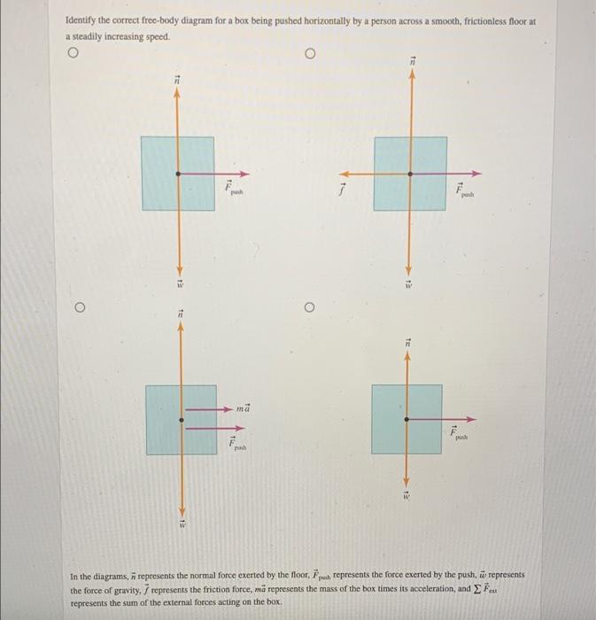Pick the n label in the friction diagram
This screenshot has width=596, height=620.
pyautogui.click(x=411, y=60)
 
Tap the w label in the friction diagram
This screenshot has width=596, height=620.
pyautogui.click(x=409, y=285)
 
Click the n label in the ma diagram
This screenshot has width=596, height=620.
pyautogui.click(x=180, y=313)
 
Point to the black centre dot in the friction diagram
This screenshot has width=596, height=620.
pyautogui.click(x=409, y=174)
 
